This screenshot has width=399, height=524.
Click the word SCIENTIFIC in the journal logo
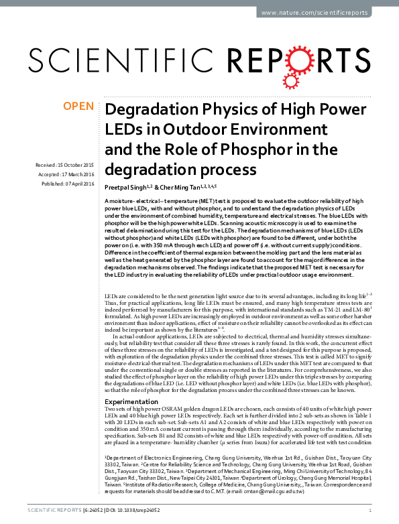point(105,62)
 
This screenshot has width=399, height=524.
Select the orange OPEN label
point(78,106)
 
